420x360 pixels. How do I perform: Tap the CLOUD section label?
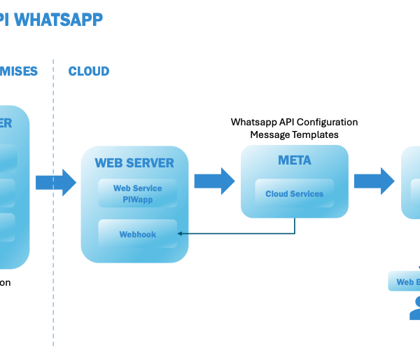[89, 71]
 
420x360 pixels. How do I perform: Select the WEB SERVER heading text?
[134, 163]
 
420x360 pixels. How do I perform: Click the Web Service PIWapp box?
[137, 193]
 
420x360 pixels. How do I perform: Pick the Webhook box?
[137, 234]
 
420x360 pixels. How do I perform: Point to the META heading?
[294, 161]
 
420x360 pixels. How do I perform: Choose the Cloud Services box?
[294, 193]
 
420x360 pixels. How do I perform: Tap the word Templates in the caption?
[314, 134]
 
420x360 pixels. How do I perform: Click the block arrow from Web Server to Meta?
[214, 181]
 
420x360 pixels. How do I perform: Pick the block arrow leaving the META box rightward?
[374, 181]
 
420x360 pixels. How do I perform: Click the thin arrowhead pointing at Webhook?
[181, 234]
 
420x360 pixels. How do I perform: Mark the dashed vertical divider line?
[53, 210]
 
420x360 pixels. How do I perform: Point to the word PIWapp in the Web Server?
[137, 199]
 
